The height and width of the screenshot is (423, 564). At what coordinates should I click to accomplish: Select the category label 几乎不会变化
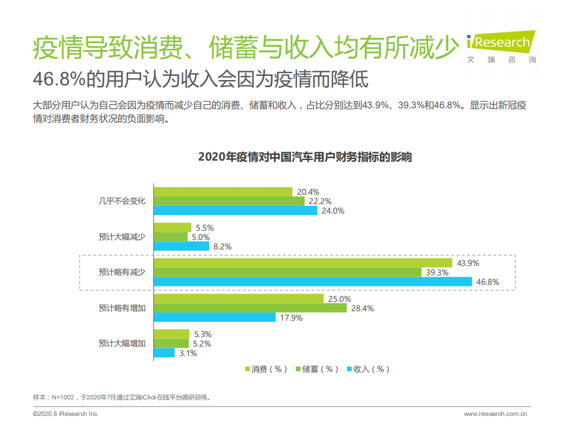pos(122,201)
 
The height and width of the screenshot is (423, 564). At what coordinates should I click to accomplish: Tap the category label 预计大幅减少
pos(122,237)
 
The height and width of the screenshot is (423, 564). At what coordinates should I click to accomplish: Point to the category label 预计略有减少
pos(122,272)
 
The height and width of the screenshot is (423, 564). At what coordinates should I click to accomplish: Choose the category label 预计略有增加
pos(122,307)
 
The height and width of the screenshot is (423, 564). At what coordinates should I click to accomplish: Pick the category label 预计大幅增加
pos(122,343)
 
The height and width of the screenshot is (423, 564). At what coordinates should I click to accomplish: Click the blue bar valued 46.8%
pos(312,282)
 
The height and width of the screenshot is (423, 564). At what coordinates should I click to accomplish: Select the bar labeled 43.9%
pos(302,262)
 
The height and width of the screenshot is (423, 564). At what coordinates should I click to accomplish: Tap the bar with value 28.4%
pos(250,308)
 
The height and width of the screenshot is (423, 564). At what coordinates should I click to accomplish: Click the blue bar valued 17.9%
pos(214,318)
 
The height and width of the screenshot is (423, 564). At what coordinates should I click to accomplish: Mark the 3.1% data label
pos(188,354)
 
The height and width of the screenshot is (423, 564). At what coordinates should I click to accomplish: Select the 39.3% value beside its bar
pos(436,272)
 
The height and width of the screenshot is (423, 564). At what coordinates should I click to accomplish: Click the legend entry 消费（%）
pos(266,369)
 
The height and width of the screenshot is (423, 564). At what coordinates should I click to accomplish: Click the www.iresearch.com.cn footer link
pos(495,414)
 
